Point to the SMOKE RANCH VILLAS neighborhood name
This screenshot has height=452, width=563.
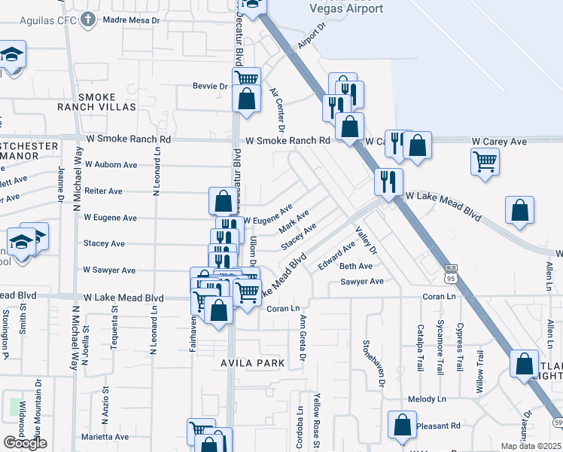point(97,102)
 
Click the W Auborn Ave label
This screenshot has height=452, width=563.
point(111,164)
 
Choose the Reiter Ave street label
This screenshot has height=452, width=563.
point(103,191)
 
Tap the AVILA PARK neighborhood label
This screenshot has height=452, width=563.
point(253,363)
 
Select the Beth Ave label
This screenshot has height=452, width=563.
point(356,267)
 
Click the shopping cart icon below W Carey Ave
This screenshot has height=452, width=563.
point(485,160)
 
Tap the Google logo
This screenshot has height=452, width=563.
point(25,443)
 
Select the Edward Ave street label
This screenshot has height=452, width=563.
point(336,256)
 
